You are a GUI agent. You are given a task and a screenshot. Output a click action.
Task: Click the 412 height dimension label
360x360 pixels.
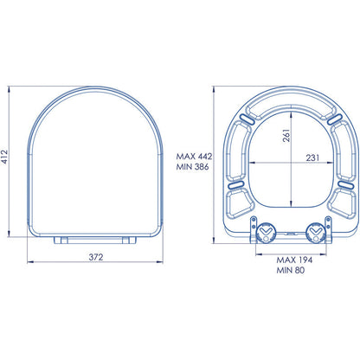point(5,157)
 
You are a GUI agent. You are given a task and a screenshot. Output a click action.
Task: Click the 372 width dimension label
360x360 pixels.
point(96,257)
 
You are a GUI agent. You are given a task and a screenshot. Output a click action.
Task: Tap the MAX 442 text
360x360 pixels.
point(194,157)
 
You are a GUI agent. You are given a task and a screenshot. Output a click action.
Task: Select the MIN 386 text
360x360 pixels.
point(192,167)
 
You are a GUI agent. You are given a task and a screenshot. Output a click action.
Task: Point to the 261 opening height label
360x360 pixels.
point(286,135)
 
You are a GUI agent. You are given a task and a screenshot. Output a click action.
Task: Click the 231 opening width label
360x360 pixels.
point(312,157)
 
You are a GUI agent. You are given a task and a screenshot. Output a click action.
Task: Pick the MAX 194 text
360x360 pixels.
point(294,260)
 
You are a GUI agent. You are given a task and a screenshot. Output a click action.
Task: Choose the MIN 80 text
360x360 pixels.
point(291,270)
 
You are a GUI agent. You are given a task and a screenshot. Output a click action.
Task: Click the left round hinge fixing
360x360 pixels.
point(266,233)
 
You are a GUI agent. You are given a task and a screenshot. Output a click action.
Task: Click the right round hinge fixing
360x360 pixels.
point(316,233)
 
